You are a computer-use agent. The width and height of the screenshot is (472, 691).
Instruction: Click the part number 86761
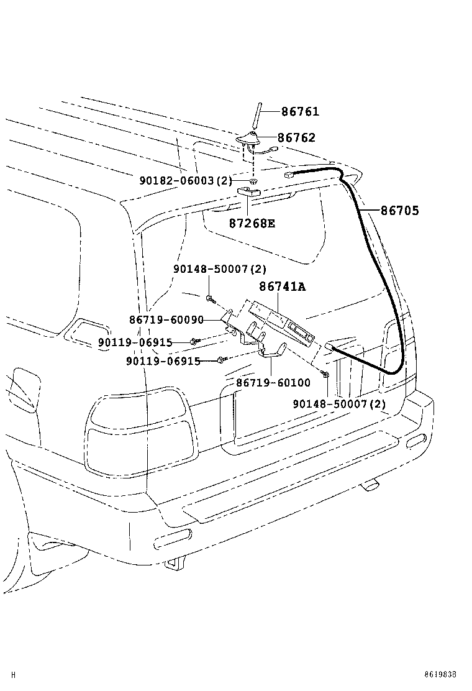[300, 112]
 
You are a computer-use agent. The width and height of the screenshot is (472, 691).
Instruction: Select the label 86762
[296, 138]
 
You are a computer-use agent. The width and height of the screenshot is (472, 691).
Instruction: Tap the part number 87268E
[251, 223]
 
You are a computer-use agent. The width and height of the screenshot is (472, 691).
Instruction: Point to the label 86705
[399, 211]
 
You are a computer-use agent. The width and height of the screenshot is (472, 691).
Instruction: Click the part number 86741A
[283, 286]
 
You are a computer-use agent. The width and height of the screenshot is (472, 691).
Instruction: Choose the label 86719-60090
[166, 319]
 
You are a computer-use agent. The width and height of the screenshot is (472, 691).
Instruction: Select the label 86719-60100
[273, 383]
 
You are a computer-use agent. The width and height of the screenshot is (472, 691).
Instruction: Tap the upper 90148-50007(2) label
[219, 269]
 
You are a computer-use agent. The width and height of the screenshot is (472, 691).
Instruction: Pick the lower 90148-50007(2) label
[339, 404]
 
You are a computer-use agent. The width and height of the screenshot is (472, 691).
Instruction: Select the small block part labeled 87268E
[249, 192]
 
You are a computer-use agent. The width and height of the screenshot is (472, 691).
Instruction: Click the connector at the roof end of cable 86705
[289, 176]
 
